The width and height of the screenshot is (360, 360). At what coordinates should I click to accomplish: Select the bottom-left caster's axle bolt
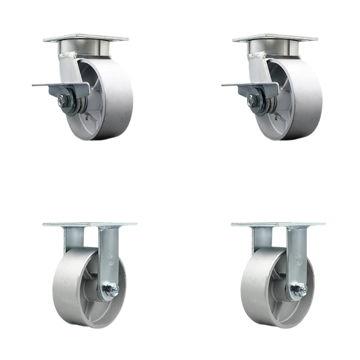point(113,289)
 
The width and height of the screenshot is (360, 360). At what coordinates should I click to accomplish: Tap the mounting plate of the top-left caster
point(86,38)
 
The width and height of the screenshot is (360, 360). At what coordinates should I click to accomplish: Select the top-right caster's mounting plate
point(275,38)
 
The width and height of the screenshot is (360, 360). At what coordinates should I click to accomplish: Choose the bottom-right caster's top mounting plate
point(278,224)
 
